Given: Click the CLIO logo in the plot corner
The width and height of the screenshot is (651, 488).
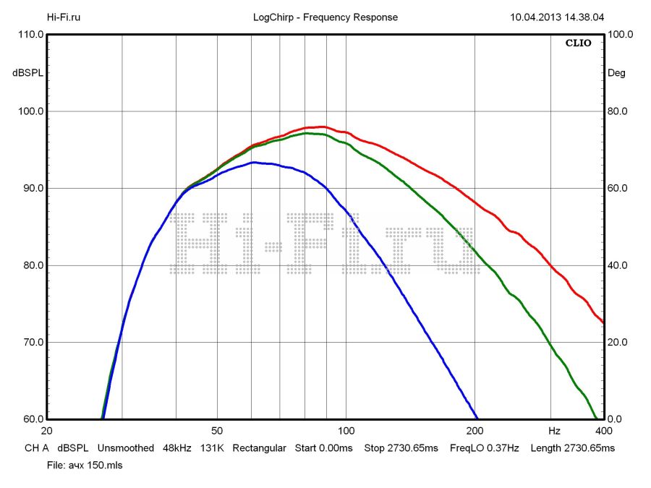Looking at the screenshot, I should coord(578,43).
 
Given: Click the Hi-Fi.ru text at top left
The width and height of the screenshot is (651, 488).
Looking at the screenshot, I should coord(64,17).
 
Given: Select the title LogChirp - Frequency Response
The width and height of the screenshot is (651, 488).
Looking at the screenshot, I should coord(325,17).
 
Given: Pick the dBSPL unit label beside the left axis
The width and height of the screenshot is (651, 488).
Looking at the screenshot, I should coord(28,73).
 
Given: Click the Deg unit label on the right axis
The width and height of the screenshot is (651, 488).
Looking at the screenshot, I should coord(616,73).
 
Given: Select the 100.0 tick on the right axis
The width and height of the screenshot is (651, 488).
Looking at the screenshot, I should coord(620,34).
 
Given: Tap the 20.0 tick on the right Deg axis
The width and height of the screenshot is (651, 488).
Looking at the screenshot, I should coord(617,342).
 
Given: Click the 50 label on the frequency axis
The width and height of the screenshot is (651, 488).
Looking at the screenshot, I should coord(217,431).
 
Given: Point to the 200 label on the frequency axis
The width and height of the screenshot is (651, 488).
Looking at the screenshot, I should coord(475,431).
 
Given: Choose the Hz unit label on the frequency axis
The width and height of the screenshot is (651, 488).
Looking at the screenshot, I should coord(554,431).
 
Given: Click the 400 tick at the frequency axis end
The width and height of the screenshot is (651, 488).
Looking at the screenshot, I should coord(603,431).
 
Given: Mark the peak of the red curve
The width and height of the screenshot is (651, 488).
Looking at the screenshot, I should coord(321,127).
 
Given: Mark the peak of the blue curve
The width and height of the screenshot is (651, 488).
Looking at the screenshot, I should coord(254,163).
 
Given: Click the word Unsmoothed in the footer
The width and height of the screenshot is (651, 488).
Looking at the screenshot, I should coord(126,448).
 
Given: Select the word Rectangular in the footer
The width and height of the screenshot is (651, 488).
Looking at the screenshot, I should coord(259,448).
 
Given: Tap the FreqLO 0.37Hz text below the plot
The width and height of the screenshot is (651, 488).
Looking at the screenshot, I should coord(485,448).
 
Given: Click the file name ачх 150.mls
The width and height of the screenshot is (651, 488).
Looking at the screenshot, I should coord(94,466).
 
